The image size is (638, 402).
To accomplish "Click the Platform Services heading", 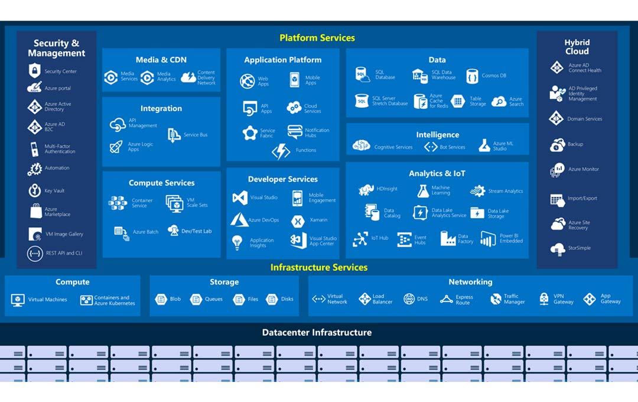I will [x=317, y=38].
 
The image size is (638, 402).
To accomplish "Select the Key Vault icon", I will [x=35, y=190].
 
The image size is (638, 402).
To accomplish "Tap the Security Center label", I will [x=61, y=72].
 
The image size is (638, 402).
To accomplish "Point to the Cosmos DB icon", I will [x=472, y=76].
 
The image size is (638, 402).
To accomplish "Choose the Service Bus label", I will [x=196, y=135].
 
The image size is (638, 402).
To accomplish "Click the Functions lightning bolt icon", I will [x=281, y=151].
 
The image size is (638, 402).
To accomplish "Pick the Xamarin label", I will [x=318, y=220].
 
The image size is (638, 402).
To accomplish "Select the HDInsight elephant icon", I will [x=366, y=189].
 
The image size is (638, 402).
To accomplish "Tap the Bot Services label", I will [x=453, y=147].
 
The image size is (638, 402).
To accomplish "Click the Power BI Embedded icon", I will [x=488, y=239].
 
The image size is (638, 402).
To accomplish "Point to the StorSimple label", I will [x=579, y=248].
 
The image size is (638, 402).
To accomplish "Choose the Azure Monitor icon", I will [x=557, y=170].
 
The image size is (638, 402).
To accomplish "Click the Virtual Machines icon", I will [x=18, y=300].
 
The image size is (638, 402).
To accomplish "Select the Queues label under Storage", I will [x=214, y=299].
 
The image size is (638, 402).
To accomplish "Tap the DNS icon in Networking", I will [x=409, y=299].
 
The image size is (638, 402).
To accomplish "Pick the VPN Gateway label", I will [x=563, y=299].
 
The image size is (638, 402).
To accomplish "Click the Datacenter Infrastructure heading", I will [x=317, y=333].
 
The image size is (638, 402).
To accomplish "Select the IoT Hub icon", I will [x=360, y=239].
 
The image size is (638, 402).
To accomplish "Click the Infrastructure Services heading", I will [x=319, y=268].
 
